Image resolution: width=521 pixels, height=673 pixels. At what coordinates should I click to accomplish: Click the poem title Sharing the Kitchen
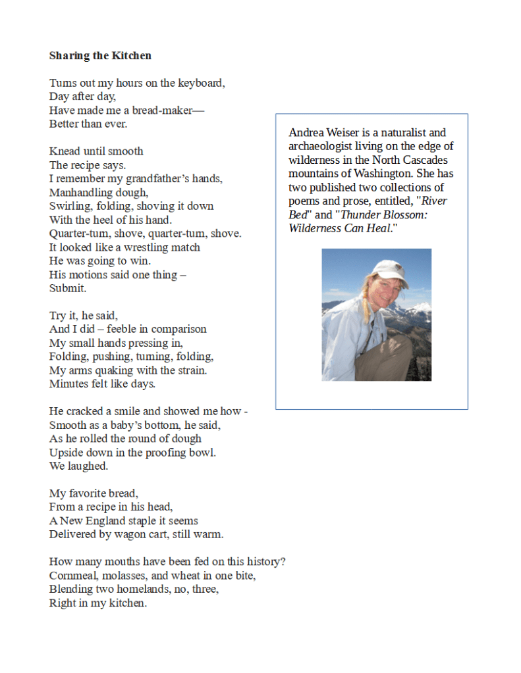tap(100, 56)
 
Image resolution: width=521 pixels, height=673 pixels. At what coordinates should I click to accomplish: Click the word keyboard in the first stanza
tap(202, 84)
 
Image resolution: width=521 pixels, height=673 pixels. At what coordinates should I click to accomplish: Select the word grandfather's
tap(159, 179)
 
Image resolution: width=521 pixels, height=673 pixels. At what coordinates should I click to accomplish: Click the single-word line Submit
tap(68, 288)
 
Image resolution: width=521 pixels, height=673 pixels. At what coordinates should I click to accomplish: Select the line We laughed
tap(78, 466)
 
